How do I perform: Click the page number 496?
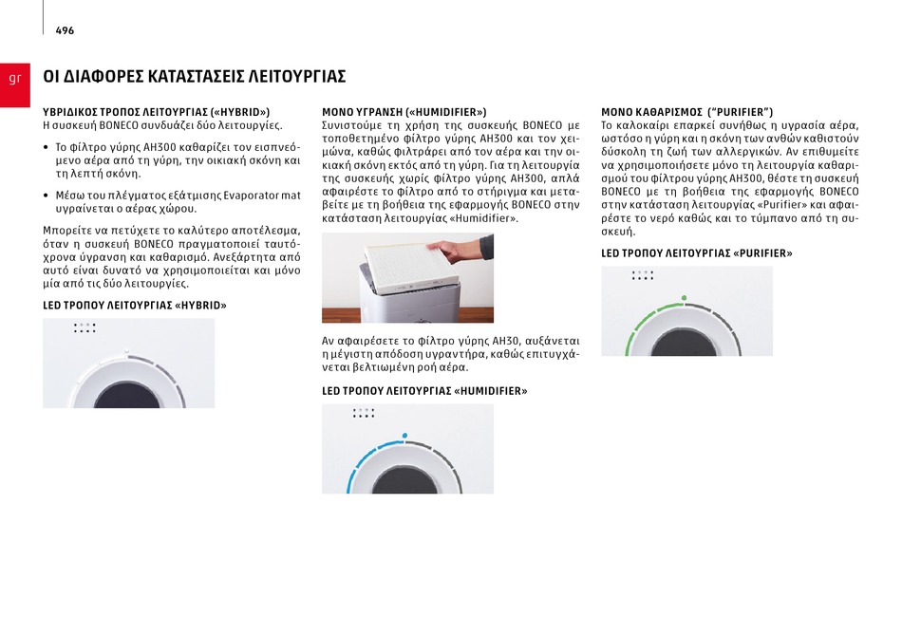pos(65,30)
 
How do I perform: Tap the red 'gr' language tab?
pos(15,84)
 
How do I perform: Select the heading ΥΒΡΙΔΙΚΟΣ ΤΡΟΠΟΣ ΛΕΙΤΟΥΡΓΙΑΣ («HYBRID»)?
pos(156,112)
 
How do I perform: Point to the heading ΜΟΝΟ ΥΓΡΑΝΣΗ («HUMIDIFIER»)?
pos(404,112)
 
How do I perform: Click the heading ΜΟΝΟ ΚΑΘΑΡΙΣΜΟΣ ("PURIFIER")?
pos(686,112)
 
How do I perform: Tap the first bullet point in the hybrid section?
pos(46,147)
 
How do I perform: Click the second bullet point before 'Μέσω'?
pos(46,196)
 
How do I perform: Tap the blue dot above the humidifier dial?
pos(405,436)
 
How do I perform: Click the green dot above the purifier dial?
pos(684,298)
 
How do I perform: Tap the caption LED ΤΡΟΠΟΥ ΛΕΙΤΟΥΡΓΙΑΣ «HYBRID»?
pos(135,306)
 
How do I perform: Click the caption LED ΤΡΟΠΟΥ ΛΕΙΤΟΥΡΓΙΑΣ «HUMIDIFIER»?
pos(424,391)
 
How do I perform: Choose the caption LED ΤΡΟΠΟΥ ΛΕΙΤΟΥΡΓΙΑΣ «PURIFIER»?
pos(697,253)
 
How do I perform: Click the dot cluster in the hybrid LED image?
pos(85,327)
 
